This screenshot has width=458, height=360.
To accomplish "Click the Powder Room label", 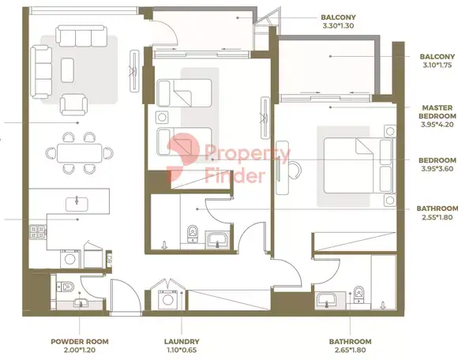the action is tap(80, 341).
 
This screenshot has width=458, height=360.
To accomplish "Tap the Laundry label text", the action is tap(182, 341).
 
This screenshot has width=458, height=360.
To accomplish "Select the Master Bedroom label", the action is tap(437, 112).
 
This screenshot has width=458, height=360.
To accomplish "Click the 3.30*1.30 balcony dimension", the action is tap(338, 26).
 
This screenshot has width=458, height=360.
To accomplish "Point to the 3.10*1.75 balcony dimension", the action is tap(437, 65).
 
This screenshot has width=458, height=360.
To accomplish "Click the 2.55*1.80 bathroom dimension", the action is tap(437, 217).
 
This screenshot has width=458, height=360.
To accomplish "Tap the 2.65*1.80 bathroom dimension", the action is tap(350, 350).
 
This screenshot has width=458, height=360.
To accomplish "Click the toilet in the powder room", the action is tap(66, 287).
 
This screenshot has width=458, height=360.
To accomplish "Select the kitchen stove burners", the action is tap(38, 232).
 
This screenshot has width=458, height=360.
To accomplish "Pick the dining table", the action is tap(80, 153).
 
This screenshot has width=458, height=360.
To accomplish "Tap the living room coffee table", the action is tap(67, 70).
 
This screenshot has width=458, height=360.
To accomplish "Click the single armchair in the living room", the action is tap(73, 104).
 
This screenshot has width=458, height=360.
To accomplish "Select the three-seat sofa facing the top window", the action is tap(81, 36).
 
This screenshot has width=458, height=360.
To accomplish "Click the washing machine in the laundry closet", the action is tap(167, 300).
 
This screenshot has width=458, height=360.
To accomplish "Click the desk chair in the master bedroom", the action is tap(295, 171).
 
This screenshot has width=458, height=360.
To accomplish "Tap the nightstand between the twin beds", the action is tap(162, 118).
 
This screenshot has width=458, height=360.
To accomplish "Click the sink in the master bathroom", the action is tap(326, 300).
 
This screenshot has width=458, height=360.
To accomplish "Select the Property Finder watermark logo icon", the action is tap(182, 158).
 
